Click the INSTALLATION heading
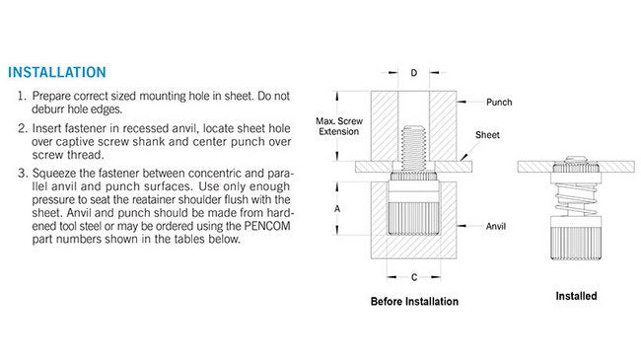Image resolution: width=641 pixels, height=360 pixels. (x=56, y=72)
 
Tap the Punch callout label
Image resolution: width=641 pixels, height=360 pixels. (x=500, y=102)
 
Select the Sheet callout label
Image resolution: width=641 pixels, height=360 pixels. (x=487, y=133)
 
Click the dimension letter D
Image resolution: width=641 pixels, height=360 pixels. (x=413, y=73)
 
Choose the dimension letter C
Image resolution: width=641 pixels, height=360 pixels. (x=413, y=277)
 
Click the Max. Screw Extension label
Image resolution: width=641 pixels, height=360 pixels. (x=338, y=126)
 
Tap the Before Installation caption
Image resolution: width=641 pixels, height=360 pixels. (x=414, y=301)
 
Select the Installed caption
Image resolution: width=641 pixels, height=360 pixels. (x=576, y=295)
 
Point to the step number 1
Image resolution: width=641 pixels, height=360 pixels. (x=22, y=96)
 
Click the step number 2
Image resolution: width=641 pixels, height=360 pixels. (x=22, y=128)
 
